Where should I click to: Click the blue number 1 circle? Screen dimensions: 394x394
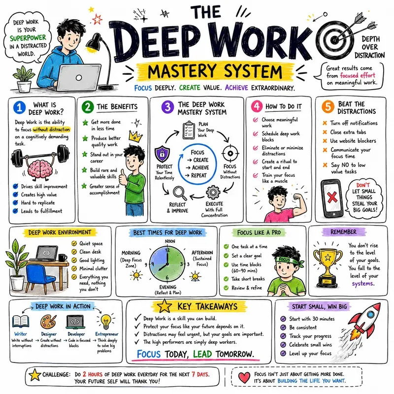(x=19, y=107)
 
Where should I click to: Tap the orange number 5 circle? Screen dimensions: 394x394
(x=328, y=106)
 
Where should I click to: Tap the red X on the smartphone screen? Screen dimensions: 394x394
(x=332, y=197)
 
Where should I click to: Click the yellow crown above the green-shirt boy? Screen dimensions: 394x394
(x=135, y=135)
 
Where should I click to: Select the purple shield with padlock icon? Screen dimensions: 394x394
(x=162, y=154)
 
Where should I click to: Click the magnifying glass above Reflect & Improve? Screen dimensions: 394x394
(x=180, y=193)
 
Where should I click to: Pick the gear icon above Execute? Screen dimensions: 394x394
(x=213, y=192)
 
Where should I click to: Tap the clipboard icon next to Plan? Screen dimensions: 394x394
(x=189, y=130)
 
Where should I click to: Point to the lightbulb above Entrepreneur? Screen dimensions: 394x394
(x=106, y=322)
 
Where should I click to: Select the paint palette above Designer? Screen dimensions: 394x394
(x=48, y=322)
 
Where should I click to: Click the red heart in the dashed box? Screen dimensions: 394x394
(x=244, y=377)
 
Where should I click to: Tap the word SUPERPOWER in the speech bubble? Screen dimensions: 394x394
(x=28, y=38)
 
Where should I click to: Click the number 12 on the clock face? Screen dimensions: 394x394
(x=167, y=250)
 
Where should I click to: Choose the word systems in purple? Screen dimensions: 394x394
(x=363, y=284)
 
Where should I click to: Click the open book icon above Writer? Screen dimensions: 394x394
(x=21, y=322)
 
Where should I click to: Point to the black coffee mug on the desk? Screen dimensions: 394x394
(x=63, y=258)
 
